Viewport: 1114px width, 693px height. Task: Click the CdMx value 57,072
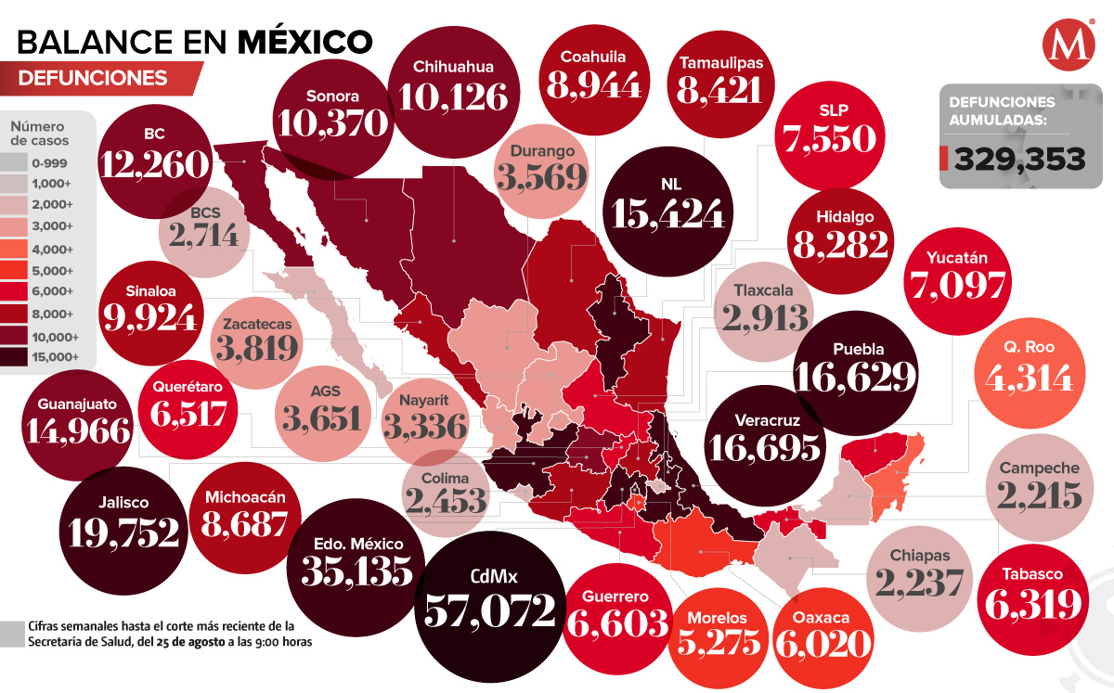490,610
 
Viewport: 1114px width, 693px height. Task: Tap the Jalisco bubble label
122,502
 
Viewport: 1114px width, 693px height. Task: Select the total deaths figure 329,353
1018,160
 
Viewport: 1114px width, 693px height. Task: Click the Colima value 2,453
446,501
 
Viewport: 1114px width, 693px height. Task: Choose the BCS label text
205,212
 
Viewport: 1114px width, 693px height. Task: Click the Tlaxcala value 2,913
765,317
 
